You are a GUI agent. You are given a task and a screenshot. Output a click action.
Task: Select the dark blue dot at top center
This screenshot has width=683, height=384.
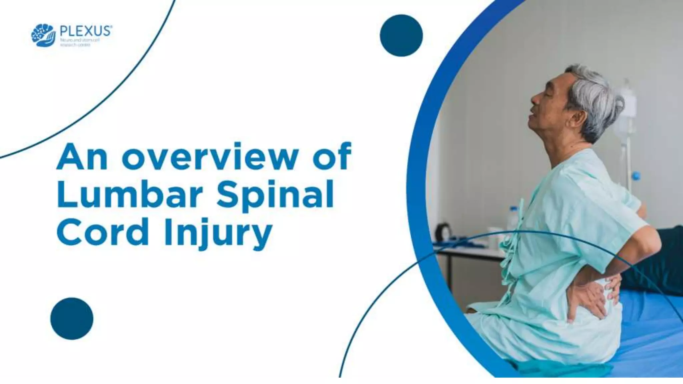click(401, 35)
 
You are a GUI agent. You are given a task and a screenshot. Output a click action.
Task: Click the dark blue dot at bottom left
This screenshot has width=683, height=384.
click(72, 319)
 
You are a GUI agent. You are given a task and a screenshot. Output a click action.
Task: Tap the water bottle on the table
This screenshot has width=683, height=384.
click(514, 220)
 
